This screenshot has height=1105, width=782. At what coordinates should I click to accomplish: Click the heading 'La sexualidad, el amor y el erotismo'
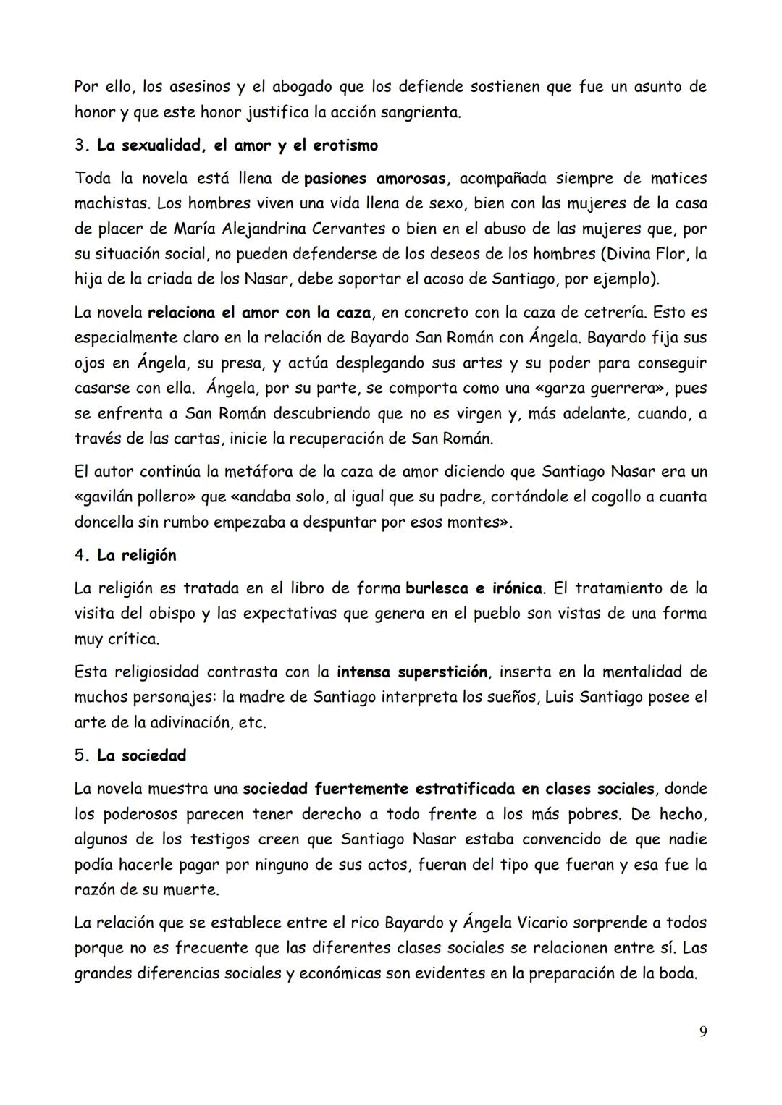click(237, 145)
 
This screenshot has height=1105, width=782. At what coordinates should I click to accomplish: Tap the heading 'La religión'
click(136, 555)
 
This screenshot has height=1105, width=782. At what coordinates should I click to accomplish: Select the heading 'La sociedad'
click(141, 755)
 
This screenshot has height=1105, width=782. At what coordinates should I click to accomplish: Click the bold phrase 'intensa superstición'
click(411, 672)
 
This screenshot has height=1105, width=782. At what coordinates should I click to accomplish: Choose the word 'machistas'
click(111, 203)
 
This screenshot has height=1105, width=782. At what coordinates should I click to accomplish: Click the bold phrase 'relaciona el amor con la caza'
click(259, 313)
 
